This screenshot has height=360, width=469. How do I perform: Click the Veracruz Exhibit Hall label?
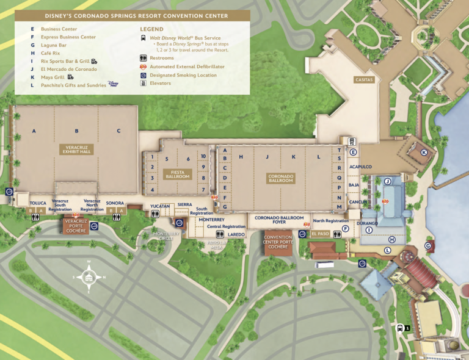click(77, 149)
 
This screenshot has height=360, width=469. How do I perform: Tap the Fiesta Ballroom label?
click(178, 175)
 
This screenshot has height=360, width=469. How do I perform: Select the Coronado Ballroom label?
click(281, 178)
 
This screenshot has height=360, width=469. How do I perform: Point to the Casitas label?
click(363, 80)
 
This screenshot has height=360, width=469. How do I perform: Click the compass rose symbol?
click(89, 277)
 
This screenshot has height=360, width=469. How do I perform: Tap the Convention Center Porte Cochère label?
click(278, 242)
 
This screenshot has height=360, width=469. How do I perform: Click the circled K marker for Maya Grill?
click(424, 153)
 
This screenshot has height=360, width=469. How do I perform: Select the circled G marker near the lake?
click(428, 245)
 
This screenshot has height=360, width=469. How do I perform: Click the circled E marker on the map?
click(352, 152)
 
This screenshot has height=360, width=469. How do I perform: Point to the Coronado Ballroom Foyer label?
click(279, 220)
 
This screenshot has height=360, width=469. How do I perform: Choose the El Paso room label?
click(321, 234)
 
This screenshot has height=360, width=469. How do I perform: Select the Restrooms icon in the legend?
click(144, 57)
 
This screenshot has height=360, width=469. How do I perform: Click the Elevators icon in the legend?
click(144, 84)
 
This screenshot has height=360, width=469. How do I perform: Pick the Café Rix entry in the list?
click(51, 53)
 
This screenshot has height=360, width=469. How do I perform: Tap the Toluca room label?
click(38, 203)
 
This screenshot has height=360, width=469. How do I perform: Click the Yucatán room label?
click(159, 206)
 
